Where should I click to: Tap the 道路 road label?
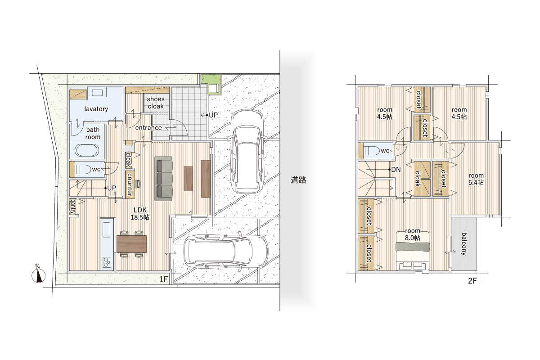(x=298, y=180)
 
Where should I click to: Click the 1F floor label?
(x=163, y=279)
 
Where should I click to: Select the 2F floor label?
(x=472, y=281)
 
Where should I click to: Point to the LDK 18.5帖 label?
(x=140, y=214)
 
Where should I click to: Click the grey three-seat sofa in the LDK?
(x=164, y=179)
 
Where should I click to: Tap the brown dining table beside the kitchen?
(x=131, y=244)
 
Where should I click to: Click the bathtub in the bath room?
(x=87, y=150)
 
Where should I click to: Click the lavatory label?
(x=96, y=109)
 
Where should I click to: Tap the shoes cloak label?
(x=156, y=103)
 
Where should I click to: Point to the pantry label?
(x=72, y=207)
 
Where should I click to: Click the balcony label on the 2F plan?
(x=464, y=244)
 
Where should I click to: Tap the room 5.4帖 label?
(x=476, y=179)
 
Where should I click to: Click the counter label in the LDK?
(x=130, y=184)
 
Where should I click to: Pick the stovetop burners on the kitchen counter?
(x=107, y=262)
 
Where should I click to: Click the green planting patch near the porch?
(x=211, y=80)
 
